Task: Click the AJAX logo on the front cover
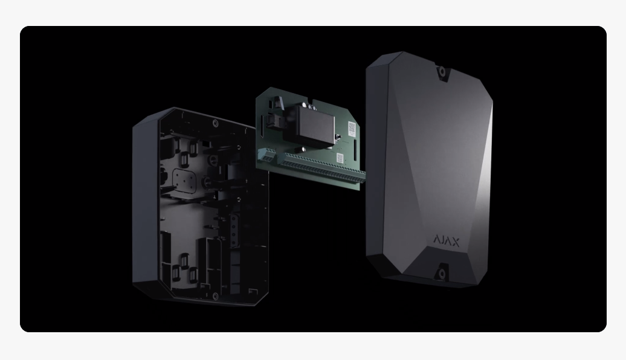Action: (447, 241)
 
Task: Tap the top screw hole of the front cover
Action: (442, 72)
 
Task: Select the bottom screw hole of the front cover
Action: (442, 274)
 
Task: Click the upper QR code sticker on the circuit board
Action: (352, 127)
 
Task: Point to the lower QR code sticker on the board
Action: (340, 158)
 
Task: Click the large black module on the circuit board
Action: (315, 126)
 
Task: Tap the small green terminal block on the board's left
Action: (266, 155)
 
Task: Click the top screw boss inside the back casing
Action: (216, 123)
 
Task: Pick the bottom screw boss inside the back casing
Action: (216, 296)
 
